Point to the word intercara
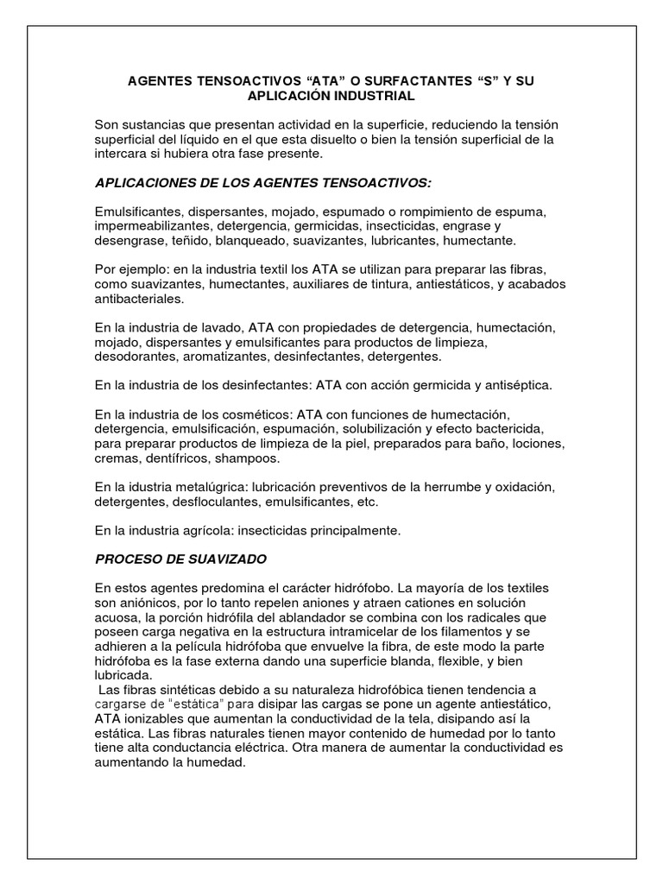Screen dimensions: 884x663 123,154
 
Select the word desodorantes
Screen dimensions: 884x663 136,357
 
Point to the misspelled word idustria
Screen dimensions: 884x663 150,487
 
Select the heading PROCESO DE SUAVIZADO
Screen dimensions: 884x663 181,559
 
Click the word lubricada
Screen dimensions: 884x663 123,675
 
